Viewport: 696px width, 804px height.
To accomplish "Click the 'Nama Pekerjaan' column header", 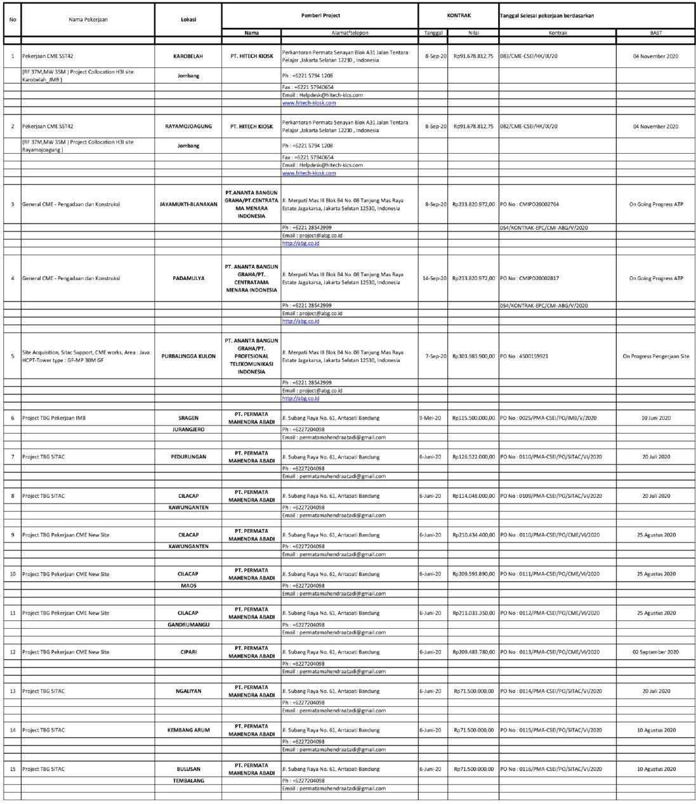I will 88,19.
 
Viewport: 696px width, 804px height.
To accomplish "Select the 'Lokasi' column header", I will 188,19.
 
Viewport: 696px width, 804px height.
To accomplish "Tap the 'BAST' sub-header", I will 655,32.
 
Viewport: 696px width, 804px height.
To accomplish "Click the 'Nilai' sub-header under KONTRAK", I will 473,32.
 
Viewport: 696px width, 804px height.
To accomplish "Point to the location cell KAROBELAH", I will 188,56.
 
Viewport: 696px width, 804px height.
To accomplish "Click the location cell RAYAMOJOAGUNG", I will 188,126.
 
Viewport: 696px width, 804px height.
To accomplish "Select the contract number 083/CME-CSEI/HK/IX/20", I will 529,56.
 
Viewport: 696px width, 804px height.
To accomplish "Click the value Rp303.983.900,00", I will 473,356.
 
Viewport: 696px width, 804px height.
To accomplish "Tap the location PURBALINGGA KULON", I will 188,356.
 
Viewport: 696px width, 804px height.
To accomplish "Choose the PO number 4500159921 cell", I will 524,356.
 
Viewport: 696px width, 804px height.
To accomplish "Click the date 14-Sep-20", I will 435,278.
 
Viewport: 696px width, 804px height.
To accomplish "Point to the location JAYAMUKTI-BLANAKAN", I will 188,204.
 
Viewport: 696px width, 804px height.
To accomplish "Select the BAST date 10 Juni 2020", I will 655,418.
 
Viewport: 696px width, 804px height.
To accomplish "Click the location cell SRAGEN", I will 188,418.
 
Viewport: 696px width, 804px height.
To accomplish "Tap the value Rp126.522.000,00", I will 473,457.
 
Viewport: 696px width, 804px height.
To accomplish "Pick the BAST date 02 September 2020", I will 655,652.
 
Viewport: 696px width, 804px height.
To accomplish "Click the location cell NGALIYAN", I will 188,691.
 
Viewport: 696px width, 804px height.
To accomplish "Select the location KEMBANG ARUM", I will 188,730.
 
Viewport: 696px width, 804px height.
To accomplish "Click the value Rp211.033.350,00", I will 473,613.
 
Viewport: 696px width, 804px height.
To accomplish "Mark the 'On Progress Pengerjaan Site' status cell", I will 655,356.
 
